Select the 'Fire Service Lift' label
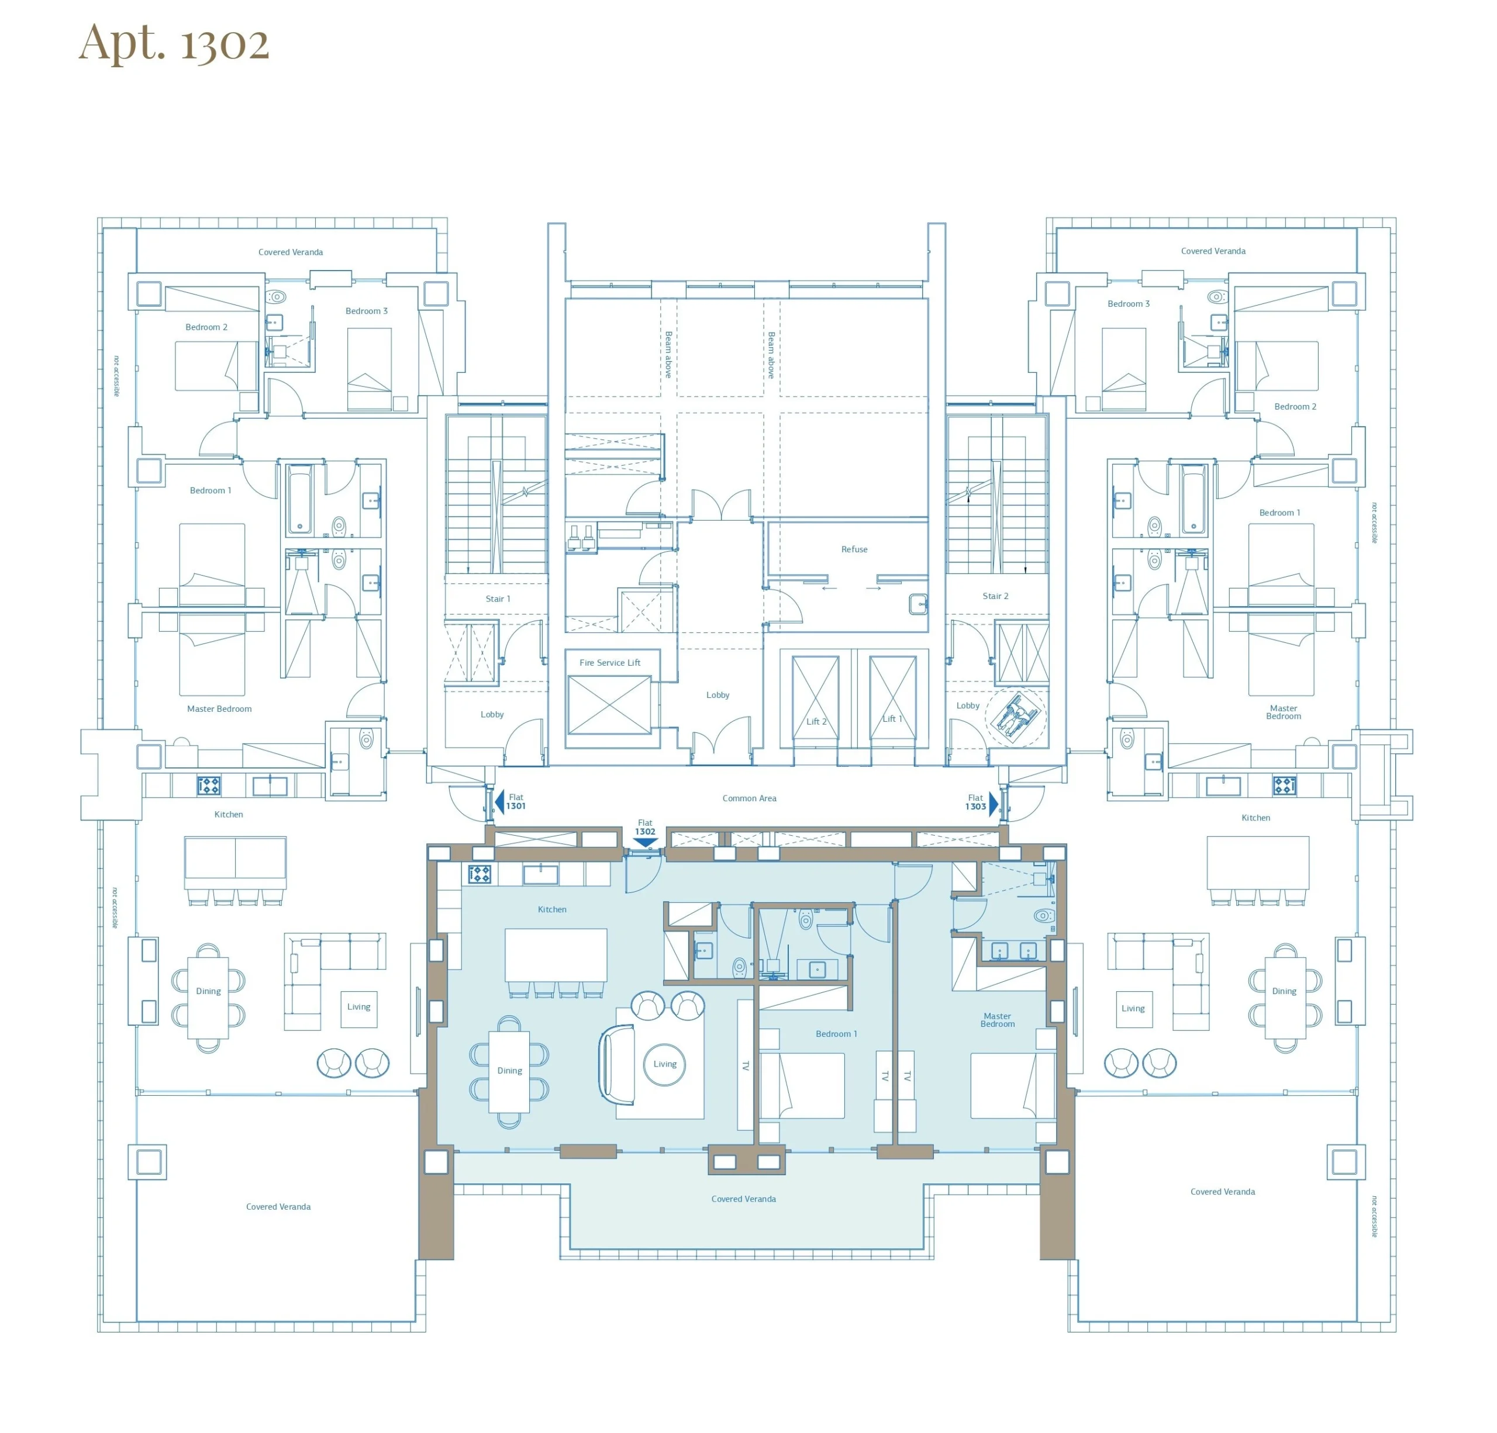coord(609,663)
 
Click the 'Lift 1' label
coord(892,718)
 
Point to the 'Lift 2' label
coord(816,721)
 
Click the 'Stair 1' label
coord(498,598)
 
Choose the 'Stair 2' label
coord(995,596)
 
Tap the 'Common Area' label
coord(749,798)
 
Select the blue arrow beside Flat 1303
coord(994,804)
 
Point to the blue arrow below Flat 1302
coord(646,843)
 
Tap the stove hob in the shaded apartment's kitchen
coord(479,874)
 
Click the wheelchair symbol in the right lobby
coord(1016,715)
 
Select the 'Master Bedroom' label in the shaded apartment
coord(998,1020)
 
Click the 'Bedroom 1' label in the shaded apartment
coord(836,1034)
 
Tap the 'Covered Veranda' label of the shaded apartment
coord(743,1199)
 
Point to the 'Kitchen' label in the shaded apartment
coord(552,909)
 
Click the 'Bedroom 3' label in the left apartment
coord(367,311)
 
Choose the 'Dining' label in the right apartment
coord(1284,991)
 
